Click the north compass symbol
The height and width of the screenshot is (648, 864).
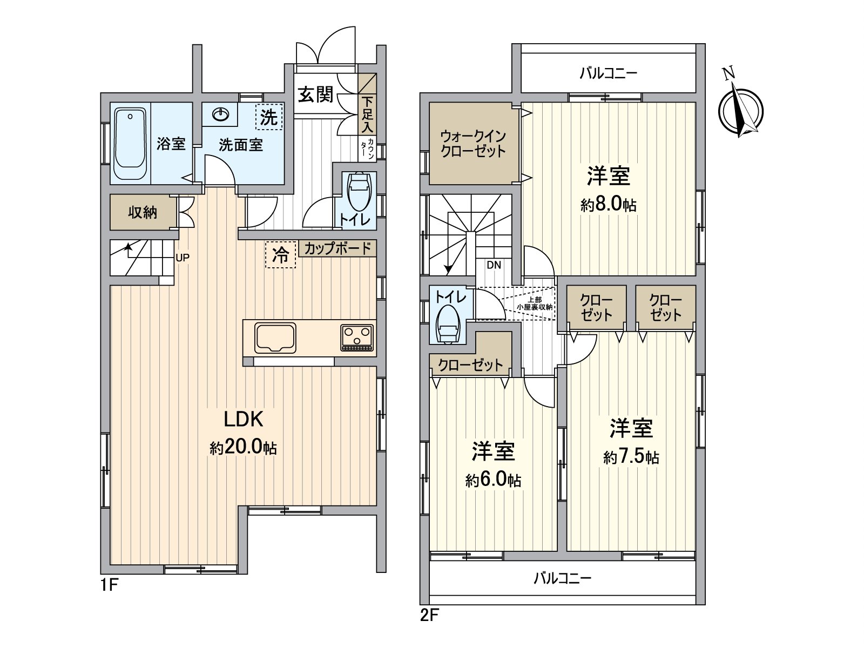point(740,109)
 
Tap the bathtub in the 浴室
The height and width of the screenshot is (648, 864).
point(130,144)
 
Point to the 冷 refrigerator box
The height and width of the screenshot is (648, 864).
point(281,254)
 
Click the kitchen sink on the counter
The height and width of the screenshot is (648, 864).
point(275,337)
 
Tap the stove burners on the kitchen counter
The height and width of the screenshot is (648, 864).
point(357,339)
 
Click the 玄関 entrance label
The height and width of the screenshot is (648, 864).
point(316,95)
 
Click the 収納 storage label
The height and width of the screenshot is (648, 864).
point(143,212)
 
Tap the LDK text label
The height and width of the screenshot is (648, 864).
point(244,419)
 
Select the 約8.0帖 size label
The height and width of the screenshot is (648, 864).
point(609,205)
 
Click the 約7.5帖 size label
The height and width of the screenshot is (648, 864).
point(631,457)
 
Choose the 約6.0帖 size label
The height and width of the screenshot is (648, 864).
point(493,480)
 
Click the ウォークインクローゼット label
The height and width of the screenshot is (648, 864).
point(473,143)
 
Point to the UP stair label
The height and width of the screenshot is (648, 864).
point(183,258)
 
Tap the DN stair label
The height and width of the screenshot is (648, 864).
point(494,265)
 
